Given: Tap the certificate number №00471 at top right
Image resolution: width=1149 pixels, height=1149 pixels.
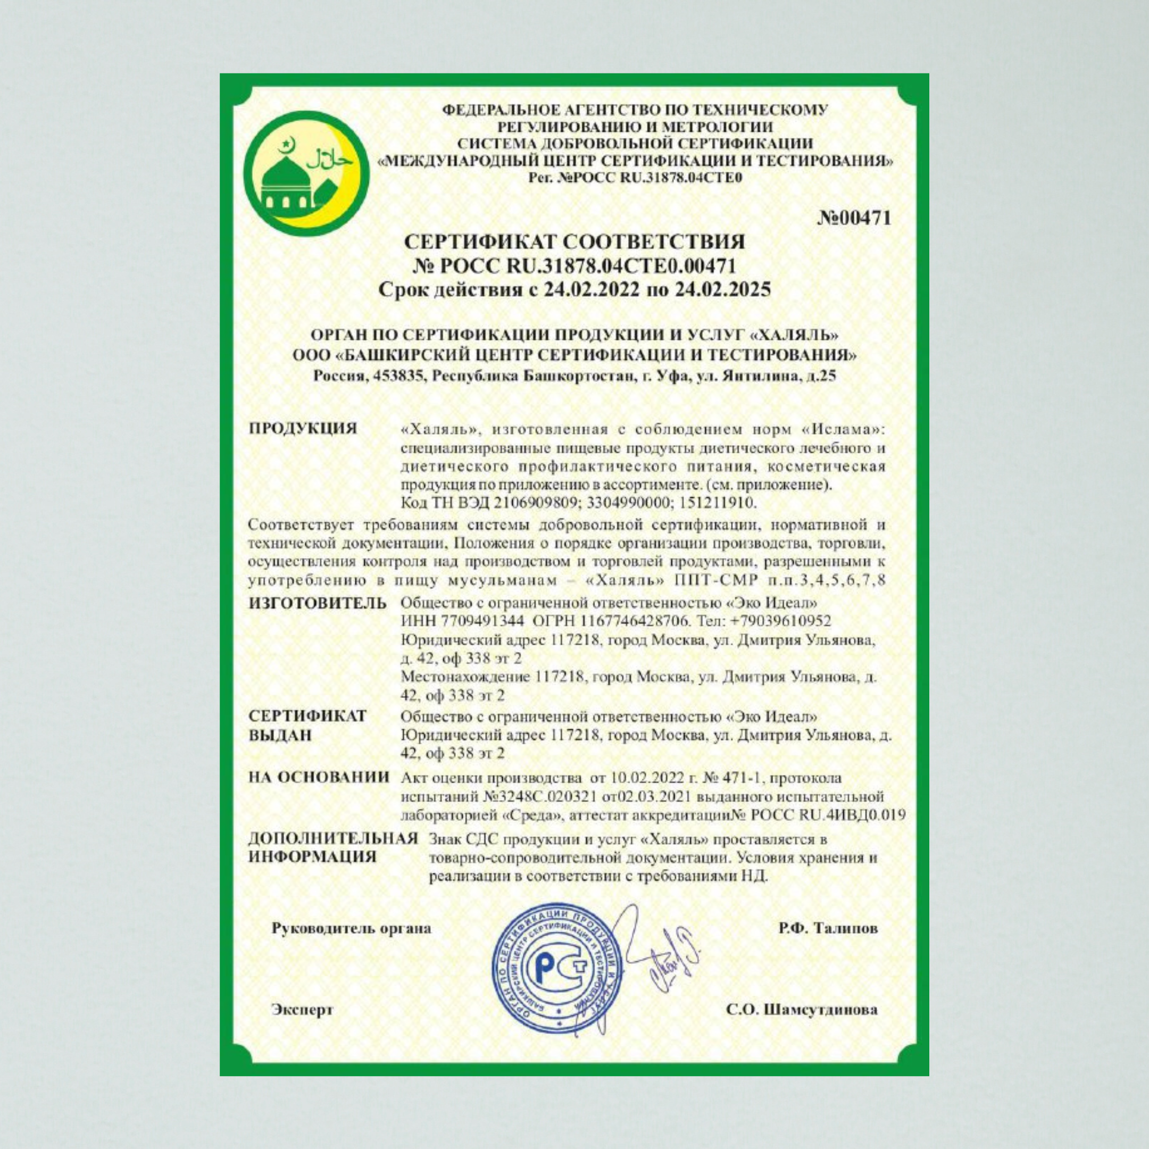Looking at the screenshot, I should pos(855,218).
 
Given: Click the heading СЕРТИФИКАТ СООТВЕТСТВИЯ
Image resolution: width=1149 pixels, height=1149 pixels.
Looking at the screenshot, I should pos(574,242).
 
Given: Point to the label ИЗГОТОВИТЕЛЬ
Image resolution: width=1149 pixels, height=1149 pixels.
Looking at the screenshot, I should pos(318,603).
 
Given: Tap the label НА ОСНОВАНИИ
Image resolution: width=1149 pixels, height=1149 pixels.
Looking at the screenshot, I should pos(319,777).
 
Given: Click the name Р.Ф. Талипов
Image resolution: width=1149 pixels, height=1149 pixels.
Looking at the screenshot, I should pos(828,928).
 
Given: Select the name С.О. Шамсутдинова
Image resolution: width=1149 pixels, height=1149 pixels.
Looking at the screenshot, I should pos(801,1010).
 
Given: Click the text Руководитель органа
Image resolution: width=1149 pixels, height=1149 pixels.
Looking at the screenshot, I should pos(352,928).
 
